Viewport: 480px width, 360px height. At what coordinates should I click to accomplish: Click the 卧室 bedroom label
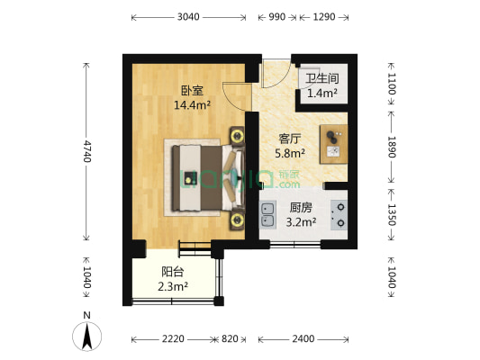[x=192, y=91]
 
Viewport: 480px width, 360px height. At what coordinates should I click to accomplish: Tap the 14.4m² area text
[x=192, y=105]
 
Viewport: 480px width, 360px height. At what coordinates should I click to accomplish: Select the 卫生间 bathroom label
[x=322, y=78]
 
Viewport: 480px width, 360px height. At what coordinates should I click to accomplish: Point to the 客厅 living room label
[x=289, y=139]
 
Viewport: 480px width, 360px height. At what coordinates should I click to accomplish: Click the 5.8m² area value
[x=289, y=153]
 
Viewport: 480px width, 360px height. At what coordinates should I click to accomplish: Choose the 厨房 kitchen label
[x=301, y=207]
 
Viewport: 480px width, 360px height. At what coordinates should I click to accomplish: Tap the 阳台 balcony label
[x=173, y=272]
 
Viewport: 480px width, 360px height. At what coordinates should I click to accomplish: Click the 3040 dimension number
[x=188, y=17]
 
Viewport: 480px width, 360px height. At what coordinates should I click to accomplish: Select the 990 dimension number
[x=277, y=17]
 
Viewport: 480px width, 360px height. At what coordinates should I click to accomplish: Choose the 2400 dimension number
[x=303, y=339]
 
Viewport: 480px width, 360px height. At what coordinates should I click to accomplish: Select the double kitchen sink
[x=268, y=214]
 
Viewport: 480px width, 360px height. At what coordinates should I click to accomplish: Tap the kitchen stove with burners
[x=340, y=214]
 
